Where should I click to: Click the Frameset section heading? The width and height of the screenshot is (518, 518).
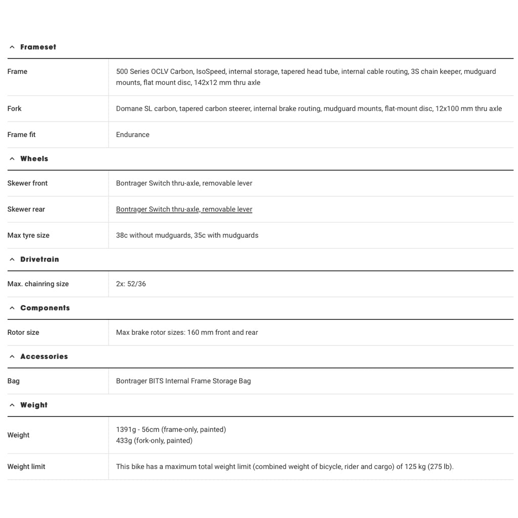[x=38, y=47]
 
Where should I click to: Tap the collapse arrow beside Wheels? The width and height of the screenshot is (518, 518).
[x=12, y=159]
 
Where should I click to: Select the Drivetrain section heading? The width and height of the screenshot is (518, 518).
[x=39, y=260]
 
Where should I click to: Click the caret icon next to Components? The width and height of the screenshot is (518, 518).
[x=12, y=308]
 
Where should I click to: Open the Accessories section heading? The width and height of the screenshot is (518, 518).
[x=44, y=357]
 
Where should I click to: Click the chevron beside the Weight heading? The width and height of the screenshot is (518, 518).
[x=12, y=405]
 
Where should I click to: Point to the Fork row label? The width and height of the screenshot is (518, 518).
[x=15, y=109]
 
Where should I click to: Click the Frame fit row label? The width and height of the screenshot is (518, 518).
[x=21, y=135]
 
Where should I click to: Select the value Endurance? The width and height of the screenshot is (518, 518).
[x=133, y=135]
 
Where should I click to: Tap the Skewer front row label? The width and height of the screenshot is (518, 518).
[x=27, y=183]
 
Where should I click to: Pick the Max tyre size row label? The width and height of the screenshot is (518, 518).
[x=28, y=235]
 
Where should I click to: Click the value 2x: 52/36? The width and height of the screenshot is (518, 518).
[x=131, y=284]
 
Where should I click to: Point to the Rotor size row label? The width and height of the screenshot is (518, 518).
[x=23, y=332]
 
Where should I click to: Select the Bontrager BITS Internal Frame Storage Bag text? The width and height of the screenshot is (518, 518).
[x=183, y=381]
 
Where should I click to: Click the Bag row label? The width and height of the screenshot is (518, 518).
[x=14, y=381]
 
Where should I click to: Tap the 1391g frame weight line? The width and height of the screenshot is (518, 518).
[x=171, y=429]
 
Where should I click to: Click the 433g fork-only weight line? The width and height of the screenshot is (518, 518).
[x=154, y=441]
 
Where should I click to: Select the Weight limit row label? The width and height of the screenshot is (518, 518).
[x=26, y=466]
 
